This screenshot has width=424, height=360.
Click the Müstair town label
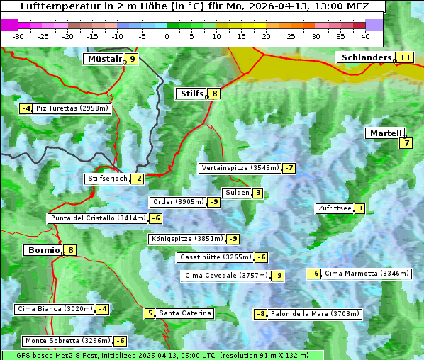[x=104, y=59]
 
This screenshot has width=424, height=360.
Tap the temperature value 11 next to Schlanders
[x=405, y=57]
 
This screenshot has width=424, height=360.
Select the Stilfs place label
[x=191, y=93]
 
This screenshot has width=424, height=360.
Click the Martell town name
[x=385, y=133]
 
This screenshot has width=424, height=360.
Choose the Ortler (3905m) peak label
[x=178, y=202]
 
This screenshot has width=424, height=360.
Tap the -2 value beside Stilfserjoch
[x=138, y=179]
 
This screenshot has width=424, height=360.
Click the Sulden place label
[x=237, y=193]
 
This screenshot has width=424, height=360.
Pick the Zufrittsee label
[x=335, y=208]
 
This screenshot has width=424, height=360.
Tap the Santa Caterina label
[x=184, y=313]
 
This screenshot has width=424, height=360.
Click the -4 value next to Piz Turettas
[x=26, y=108]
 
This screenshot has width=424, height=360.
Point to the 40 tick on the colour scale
[x=365, y=35]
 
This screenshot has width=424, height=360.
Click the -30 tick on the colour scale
[x=19, y=35]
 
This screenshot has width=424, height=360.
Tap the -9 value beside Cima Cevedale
[x=278, y=276]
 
